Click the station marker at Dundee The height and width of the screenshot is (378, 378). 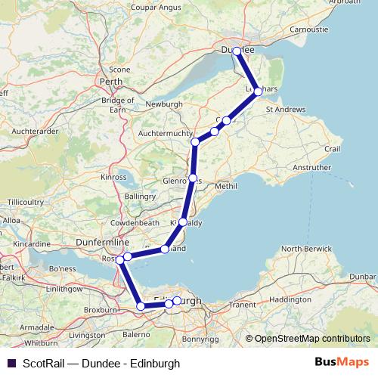[x=237, y=51]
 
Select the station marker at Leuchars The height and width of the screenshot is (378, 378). [x=259, y=91]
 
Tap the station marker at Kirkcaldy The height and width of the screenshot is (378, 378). [x=183, y=222]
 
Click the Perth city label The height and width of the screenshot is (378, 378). [x=111, y=81]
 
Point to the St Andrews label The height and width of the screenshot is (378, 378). [x=286, y=110]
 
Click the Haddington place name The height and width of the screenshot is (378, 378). [x=289, y=299]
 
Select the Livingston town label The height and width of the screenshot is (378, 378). [x=86, y=333]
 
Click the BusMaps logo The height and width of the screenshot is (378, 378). [x=347, y=363]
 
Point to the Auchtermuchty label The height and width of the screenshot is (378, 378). [x=165, y=134]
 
